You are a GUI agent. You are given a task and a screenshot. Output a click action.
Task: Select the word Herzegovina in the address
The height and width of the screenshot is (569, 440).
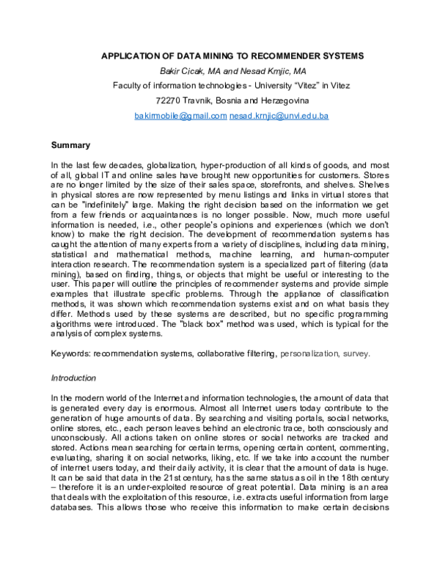click(284, 100)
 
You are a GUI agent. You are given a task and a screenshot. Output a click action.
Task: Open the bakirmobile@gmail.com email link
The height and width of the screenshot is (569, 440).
click(180, 116)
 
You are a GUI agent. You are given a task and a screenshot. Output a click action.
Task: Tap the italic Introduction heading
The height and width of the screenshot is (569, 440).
click(73, 378)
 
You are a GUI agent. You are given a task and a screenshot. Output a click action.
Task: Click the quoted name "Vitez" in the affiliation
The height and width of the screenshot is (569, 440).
click(285, 86)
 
